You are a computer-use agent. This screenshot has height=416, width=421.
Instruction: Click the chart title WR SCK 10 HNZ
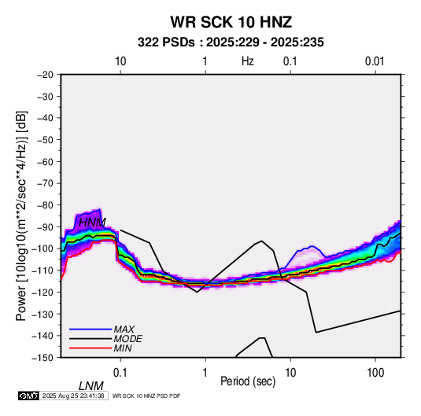coord(231,22)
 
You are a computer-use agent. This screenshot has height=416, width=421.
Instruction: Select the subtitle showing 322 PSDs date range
coord(231,42)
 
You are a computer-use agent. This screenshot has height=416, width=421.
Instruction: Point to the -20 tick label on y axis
coord(45,75)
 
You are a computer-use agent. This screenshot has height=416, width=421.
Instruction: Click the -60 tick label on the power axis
coord(45,161)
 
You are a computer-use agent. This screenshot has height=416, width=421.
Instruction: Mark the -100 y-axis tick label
coord(42,248)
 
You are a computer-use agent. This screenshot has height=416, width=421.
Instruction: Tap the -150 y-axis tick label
coord(42,358)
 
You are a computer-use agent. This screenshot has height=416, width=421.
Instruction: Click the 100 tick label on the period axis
coord(375,373)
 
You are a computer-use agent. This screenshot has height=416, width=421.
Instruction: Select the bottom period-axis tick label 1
coord(205,373)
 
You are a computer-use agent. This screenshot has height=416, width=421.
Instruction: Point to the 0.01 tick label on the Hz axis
coord(375,61)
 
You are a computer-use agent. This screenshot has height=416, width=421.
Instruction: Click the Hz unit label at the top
coord(247,61)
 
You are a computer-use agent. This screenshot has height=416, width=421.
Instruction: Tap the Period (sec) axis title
coord(248,381)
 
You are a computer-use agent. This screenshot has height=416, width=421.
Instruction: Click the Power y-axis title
coord(21,215)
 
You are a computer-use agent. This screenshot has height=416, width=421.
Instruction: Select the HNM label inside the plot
coord(92,223)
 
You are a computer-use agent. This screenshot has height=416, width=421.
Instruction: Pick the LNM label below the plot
coord(90,386)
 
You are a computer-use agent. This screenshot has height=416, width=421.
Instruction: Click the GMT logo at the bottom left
coord(28,396)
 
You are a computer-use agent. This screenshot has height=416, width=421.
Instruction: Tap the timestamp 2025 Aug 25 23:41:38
coord(73,396)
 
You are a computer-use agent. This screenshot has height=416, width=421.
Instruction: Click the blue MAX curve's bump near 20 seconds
coord(312,246)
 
